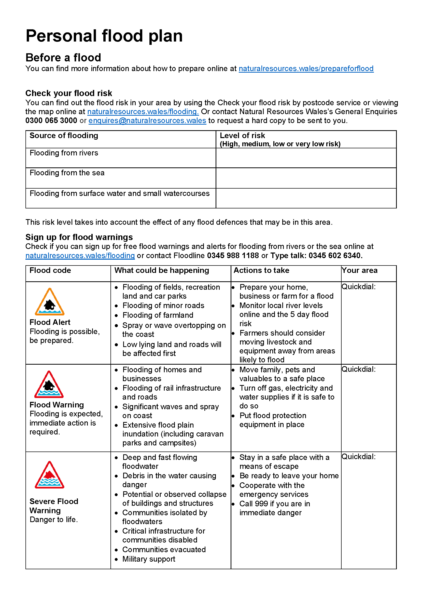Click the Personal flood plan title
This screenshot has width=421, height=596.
coord(104,36)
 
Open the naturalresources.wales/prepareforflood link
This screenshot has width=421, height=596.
coord(306,69)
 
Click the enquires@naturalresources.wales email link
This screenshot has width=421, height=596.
coord(147,121)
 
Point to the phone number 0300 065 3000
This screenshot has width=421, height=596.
coord(51,121)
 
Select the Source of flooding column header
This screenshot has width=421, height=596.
coord(64,136)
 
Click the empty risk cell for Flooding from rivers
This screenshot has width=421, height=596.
coord(306,158)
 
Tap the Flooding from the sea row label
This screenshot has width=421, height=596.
coord(67,173)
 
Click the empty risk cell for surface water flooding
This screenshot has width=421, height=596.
coord(306,198)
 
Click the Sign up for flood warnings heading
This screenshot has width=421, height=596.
coord(79,237)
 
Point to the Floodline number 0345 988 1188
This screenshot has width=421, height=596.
coord(233,255)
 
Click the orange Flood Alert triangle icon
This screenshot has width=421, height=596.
coord(50,302)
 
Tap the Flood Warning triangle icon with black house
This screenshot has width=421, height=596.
coord(49,385)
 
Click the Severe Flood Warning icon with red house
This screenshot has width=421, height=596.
coord(49,475)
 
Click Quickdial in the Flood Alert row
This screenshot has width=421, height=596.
coord(359,287)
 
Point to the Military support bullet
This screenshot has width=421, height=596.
coord(149,559)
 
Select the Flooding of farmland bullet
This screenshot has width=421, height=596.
coord(158,315)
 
